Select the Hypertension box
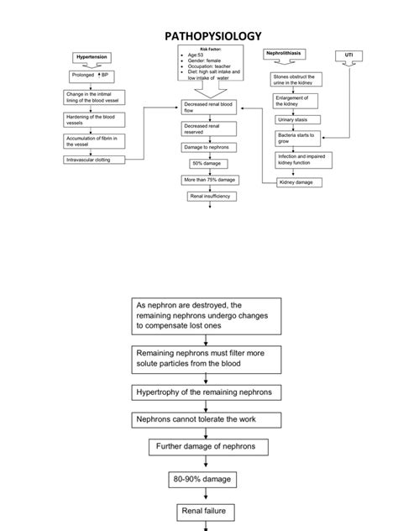click(x=92, y=56)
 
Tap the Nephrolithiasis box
click(x=283, y=53)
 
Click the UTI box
click(x=349, y=55)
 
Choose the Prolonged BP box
click(x=92, y=75)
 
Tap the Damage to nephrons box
click(x=204, y=147)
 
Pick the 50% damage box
click(x=204, y=163)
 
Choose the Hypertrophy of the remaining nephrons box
click(x=207, y=392)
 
